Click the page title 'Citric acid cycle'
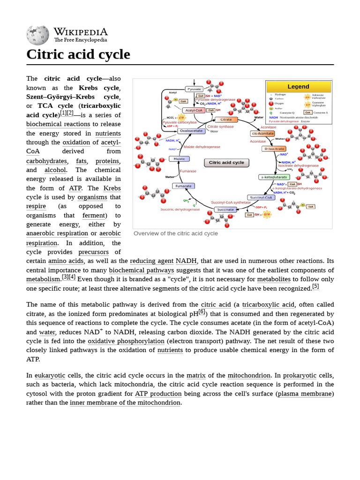(x=78, y=54)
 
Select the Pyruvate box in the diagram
(x=194, y=89)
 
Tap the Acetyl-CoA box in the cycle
(x=193, y=111)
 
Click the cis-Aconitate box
(x=262, y=134)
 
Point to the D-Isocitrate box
(x=274, y=149)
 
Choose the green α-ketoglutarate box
(x=274, y=177)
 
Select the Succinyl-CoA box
(x=261, y=197)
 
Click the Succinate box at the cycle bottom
(x=225, y=210)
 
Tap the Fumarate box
(x=183, y=186)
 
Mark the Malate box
(x=179, y=159)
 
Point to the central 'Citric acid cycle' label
(x=226, y=163)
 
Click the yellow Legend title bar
(x=299, y=87)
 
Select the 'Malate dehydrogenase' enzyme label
(x=202, y=147)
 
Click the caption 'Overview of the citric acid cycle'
(x=176, y=233)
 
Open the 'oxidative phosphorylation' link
(x=126, y=341)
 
